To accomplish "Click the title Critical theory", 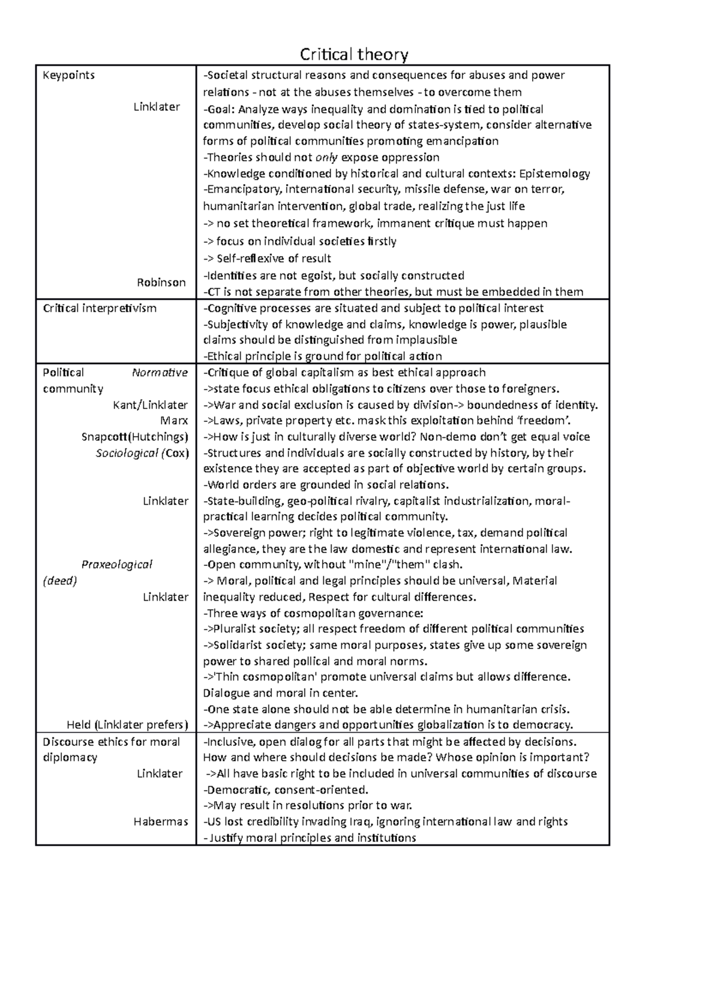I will point(354,55).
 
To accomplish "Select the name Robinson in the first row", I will point(161,282).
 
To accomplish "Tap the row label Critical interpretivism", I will point(100,308).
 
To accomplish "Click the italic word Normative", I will point(159,372).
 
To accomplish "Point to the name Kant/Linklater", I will point(150,405).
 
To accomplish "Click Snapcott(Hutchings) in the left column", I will point(135,437).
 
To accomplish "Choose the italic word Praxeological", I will point(117,564).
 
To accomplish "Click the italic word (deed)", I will point(60,581).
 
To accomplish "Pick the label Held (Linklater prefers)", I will point(127,725).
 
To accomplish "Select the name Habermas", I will point(160,821).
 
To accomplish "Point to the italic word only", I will point(327,158).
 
